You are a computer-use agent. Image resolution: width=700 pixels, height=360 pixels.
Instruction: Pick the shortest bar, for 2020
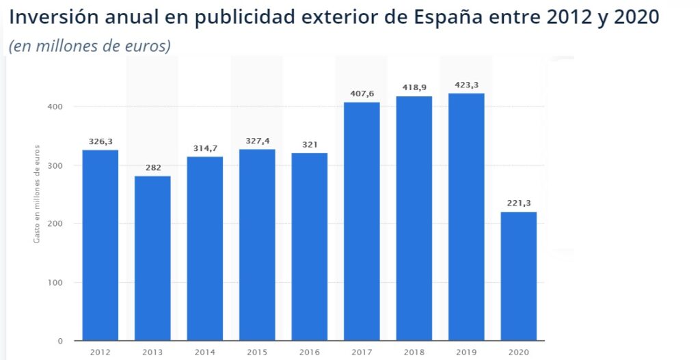(x=518, y=276)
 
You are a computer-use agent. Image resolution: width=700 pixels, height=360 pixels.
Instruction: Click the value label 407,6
(x=362, y=94)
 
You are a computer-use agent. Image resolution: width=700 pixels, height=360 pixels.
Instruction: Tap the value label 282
(x=152, y=167)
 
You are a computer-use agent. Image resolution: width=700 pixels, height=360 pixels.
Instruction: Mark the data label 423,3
(x=466, y=85)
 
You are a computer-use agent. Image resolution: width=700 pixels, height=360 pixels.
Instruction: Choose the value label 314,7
(x=204, y=148)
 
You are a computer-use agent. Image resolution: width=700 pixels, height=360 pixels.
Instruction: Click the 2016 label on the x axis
(x=309, y=352)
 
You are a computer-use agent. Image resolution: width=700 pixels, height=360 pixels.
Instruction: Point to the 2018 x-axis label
(x=414, y=352)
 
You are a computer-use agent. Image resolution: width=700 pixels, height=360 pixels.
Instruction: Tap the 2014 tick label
(x=204, y=352)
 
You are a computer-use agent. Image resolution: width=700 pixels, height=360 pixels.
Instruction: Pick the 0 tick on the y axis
(x=60, y=341)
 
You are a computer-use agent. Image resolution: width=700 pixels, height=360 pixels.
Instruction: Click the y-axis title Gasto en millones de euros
(x=38, y=195)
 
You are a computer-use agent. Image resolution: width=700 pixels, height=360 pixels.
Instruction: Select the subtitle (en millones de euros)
(x=90, y=46)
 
